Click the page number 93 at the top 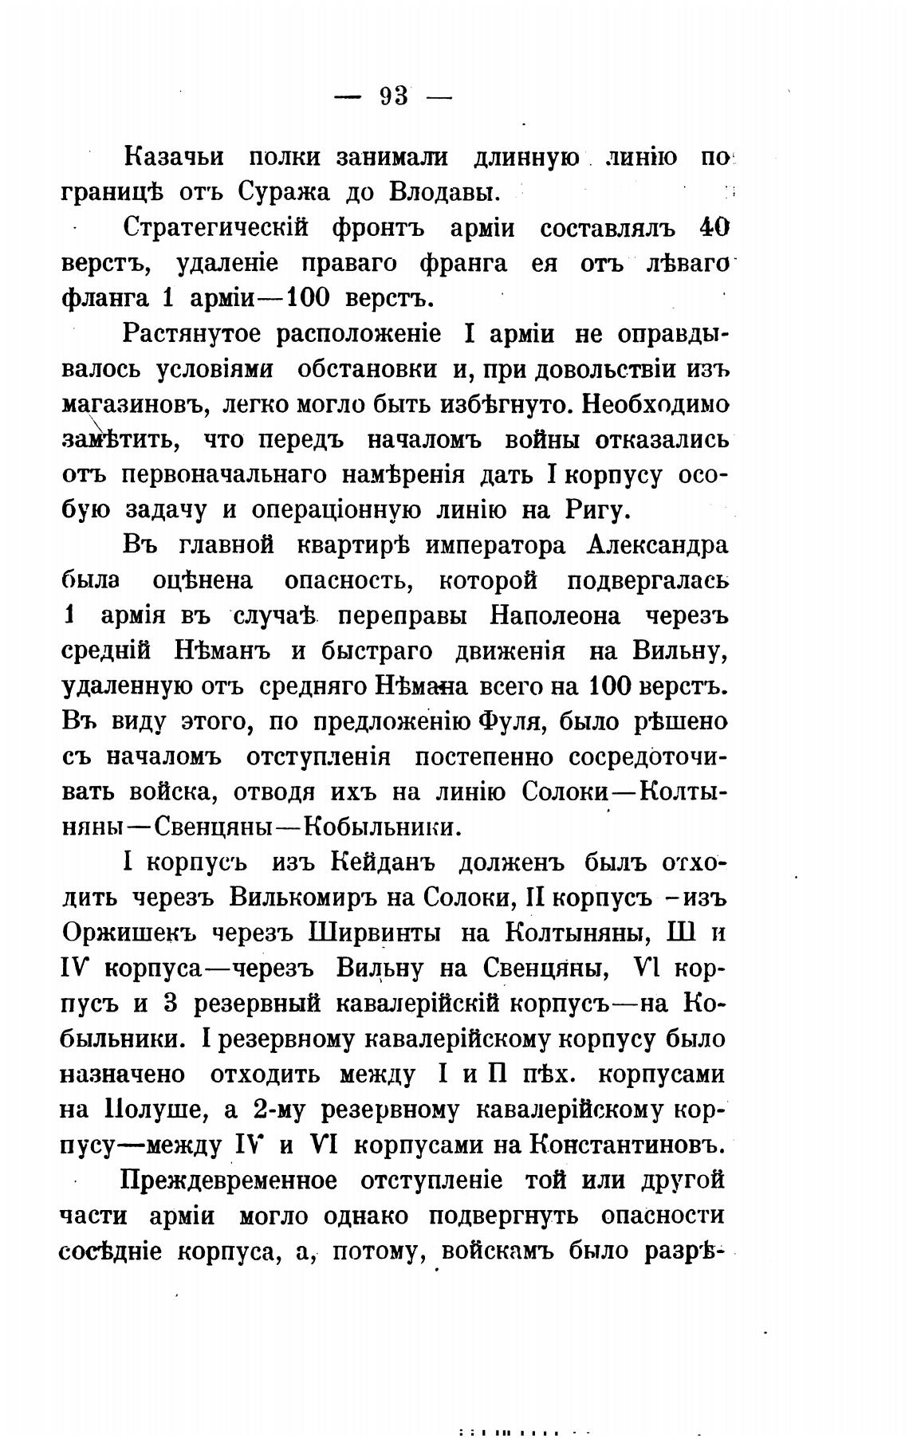click(x=395, y=96)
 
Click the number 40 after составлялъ click(x=714, y=228)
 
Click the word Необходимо click(x=655, y=404)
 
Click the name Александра click(x=657, y=546)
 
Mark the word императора click(x=496, y=546)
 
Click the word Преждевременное click(x=230, y=1180)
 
